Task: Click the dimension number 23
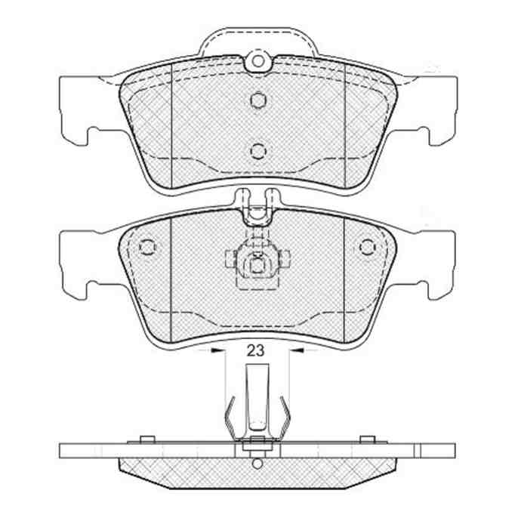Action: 256,350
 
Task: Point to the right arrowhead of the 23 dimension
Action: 298,350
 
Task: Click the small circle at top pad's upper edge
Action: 258,61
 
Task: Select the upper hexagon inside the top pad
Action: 258,100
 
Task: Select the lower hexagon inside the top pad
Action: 258,151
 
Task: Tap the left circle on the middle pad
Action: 147,247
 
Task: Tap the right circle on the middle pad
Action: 368,247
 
